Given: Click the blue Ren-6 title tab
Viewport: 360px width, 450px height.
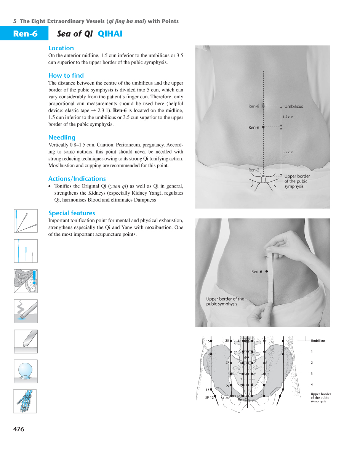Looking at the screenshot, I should coord(25,34).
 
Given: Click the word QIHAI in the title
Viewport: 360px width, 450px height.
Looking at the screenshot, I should coord(110,34).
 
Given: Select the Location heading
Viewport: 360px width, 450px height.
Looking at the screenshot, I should coord(61,48).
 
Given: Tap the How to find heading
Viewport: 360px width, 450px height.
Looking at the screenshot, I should coord(66,75).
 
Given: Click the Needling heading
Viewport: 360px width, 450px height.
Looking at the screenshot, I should coord(62,138).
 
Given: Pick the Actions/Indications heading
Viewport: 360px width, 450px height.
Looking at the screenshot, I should coord(77,179).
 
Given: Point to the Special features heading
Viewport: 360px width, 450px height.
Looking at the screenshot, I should coord(72,213).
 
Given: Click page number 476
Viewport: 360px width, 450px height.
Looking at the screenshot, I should coord(19,429).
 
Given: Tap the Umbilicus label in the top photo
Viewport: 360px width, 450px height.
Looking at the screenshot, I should coord(294,107).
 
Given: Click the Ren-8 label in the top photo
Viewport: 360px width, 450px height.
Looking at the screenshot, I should coord(254,106).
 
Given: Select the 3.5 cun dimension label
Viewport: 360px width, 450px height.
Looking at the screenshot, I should coord(288,152).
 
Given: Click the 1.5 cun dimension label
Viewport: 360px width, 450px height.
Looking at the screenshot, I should coord(288,117).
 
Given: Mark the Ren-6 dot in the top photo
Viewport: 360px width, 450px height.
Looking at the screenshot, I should coord(263,127).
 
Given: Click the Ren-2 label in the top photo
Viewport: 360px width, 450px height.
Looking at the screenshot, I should coord(254,170).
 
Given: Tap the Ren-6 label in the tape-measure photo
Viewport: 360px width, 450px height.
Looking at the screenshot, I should coord(257,272).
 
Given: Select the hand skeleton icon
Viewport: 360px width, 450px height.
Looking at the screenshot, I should coord(26,401).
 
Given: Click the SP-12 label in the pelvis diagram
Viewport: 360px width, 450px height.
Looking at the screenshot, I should coord(209,397).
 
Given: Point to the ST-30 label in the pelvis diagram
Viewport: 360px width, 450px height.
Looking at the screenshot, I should coord(225,398).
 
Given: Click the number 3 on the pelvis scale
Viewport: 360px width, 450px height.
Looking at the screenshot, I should coord(312,374).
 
